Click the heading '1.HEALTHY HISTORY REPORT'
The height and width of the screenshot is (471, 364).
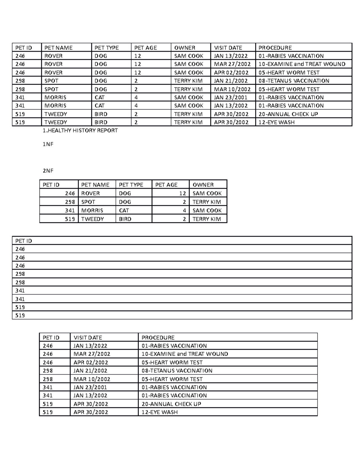point(80,131)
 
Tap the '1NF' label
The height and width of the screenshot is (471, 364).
point(48,144)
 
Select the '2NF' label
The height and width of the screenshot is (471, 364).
point(48,171)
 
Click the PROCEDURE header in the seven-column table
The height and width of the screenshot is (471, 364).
point(275,48)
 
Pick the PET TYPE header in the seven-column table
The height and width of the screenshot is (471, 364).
point(106,48)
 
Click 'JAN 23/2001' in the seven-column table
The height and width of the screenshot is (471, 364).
point(231,97)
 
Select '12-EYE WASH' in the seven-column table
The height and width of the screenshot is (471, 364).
point(276,122)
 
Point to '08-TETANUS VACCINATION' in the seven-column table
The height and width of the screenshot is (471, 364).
point(294,81)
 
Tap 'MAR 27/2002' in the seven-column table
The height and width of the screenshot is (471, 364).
point(232,64)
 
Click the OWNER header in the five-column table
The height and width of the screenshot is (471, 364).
point(203,185)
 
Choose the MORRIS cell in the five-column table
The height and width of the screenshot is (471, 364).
point(92,210)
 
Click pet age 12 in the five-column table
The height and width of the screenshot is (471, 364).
point(182,193)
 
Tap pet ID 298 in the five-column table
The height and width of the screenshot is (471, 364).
point(70,202)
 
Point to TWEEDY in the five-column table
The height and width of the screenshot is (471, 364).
point(93,219)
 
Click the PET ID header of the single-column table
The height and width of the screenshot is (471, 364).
point(24,241)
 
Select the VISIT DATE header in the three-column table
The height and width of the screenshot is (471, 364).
point(88,338)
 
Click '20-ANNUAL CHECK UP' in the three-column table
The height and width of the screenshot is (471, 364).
point(171,404)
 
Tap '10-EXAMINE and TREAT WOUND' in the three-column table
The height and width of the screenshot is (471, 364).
point(185,354)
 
